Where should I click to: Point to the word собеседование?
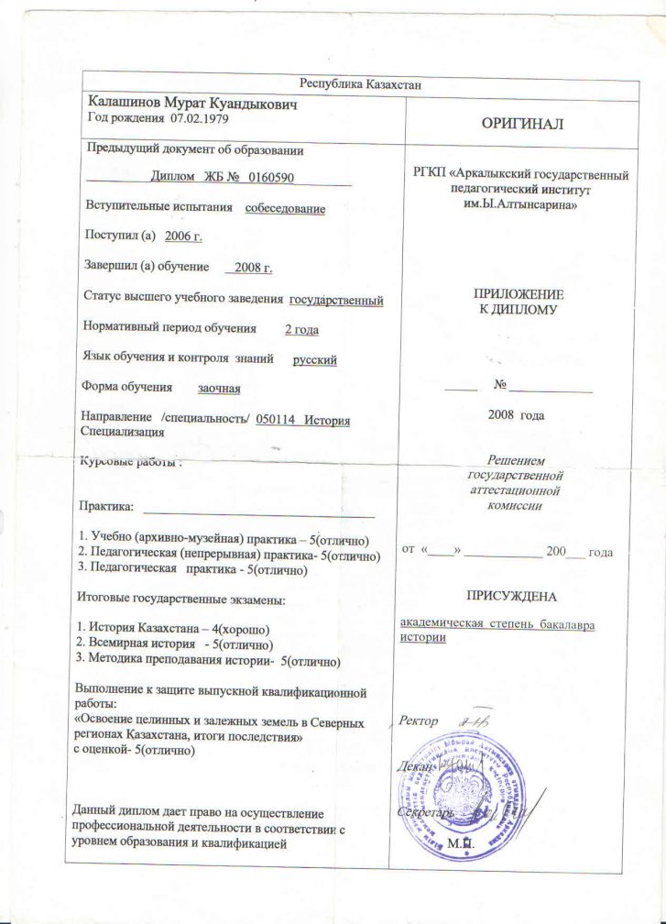coord(285,208)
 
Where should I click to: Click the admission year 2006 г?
coord(183,236)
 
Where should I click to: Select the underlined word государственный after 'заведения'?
coord(336,300)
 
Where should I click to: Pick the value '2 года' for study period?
coord(302,329)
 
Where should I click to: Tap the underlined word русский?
coord(314,359)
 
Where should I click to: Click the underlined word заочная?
coord(219,389)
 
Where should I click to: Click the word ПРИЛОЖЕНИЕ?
coord(518,294)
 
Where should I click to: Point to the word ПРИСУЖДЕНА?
coord(511,597)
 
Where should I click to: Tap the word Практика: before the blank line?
coord(107,505)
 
